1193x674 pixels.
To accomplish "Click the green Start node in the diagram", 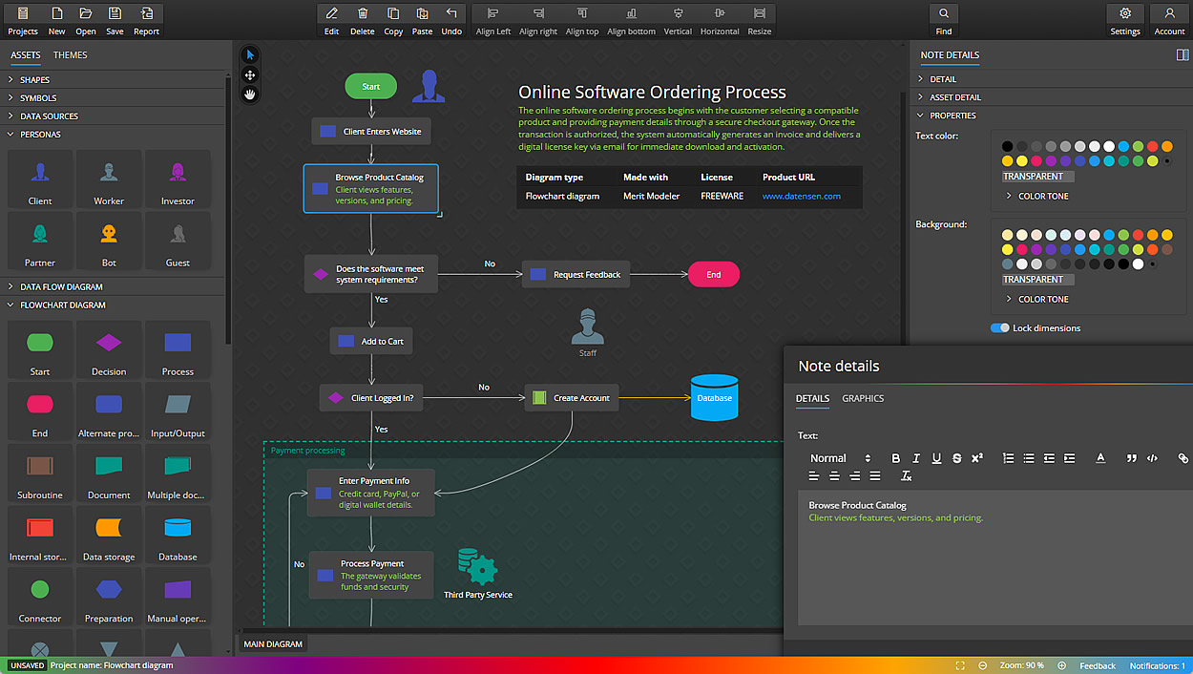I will coord(370,87).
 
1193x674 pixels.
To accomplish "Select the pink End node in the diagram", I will coord(713,275).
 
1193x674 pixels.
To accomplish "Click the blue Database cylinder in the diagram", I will coord(714,398).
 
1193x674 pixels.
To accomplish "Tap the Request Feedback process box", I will coord(576,275).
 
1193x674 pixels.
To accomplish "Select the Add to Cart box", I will coord(371,342).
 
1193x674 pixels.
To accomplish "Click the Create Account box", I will coord(571,398).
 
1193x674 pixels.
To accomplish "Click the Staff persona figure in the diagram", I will coord(588,327).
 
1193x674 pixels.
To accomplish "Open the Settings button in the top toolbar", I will coord(1125,20).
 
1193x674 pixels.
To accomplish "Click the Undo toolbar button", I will coord(451,20).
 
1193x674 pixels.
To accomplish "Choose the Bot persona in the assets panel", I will coord(109,241).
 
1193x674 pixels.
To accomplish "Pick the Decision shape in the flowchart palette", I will coord(109,349).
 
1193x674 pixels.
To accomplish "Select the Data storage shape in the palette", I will coord(109,535).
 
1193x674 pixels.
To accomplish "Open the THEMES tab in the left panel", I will coord(70,55).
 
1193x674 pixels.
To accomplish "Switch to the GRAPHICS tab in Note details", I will coord(863,399).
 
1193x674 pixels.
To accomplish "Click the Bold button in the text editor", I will coord(895,458).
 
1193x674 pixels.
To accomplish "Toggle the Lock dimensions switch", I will coord(999,328).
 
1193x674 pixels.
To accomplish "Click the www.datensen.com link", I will coord(801,197).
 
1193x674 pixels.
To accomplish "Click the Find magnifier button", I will coord(943,20).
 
